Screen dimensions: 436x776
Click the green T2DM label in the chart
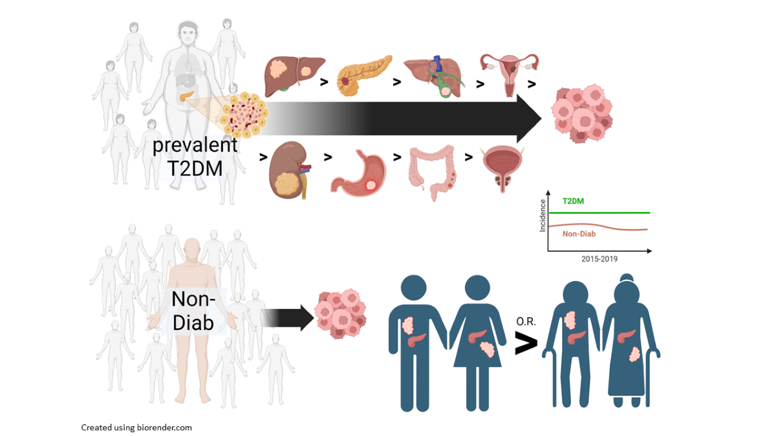coord(572,202)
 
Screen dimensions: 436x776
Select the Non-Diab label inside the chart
coord(579,234)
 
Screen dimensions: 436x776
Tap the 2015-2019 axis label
coord(599,258)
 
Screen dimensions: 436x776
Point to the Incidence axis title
coord(543,216)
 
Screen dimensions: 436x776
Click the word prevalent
coord(195,144)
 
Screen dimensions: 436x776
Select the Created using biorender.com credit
coord(136,428)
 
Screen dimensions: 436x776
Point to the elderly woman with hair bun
coord(627,342)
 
